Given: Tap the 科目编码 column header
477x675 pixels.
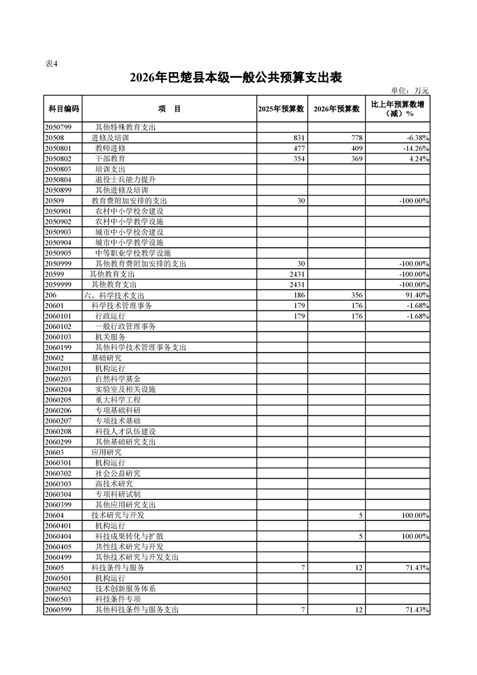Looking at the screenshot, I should click(x=63, y=109).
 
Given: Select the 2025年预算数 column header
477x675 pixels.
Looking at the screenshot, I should click(x=280, y=109).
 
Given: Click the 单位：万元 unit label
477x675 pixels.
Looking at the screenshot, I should click(x=410, y=91).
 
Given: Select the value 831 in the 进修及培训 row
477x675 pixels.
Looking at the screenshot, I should click(x=300, y=138).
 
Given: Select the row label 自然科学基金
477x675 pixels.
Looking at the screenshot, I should click(x=118, y=378).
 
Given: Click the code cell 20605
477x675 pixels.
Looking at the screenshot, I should click(x=55, y=567).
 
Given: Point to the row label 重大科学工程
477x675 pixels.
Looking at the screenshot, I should click(x=118, y=399).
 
